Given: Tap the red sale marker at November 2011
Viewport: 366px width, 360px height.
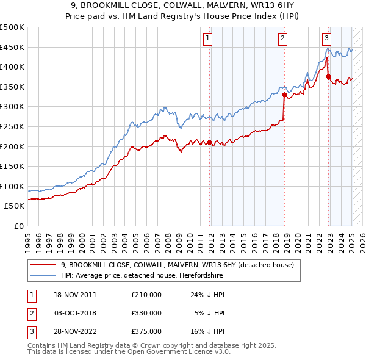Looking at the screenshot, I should coord(210,143).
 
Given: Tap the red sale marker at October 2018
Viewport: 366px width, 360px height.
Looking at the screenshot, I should coord(285,95).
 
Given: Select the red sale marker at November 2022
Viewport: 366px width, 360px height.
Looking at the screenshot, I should coord(329,77).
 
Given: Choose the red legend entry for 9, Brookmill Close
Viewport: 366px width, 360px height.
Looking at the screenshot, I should coord(178,265).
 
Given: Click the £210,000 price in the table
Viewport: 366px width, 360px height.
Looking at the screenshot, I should coord(146,295).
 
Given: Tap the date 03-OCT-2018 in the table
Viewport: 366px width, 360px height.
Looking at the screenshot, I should coord(75,314).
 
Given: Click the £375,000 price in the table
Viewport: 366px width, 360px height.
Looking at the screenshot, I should coord(146,333).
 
